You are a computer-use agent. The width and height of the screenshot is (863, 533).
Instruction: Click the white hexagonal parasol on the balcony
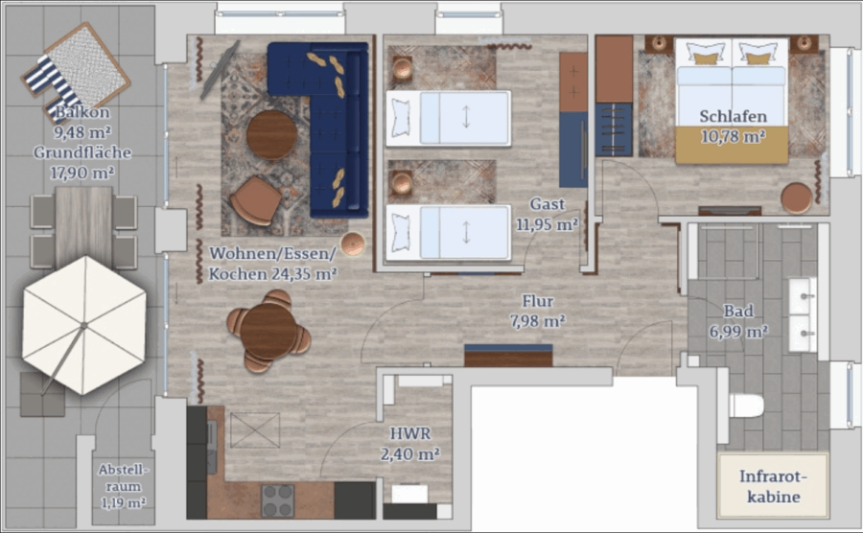(84, 325)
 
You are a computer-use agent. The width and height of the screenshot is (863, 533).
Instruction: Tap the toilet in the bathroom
(746, 406)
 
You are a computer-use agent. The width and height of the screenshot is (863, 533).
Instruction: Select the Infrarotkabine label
(773, 486)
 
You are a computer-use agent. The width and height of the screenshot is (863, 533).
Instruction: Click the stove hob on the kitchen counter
(277, 500)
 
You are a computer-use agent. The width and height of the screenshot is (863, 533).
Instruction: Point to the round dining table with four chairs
(268, 332)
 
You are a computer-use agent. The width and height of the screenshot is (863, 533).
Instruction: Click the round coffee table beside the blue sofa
(272, 135)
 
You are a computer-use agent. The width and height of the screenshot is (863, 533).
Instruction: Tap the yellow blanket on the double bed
(732, 145)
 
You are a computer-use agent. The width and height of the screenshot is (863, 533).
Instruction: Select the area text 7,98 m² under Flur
(538, 321)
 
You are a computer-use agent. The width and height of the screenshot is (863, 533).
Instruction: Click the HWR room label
(410, 433)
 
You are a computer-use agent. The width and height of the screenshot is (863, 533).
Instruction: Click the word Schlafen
(734, 116)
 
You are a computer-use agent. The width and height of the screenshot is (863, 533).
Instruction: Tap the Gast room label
(548, 204)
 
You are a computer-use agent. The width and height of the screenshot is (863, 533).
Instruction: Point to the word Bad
(737, 311)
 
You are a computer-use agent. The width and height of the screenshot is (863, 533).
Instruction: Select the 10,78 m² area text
(734, 136)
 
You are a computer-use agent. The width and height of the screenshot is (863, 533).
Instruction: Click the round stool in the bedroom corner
(797, 198)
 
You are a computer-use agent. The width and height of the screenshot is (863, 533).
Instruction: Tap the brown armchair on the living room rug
(256, 200)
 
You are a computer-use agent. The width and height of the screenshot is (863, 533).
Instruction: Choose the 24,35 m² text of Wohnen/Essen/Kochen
(303, 274)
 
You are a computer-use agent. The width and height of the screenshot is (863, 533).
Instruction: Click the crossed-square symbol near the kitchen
(255, 429)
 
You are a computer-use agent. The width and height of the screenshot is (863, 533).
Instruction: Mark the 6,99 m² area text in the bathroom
(738, 332)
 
